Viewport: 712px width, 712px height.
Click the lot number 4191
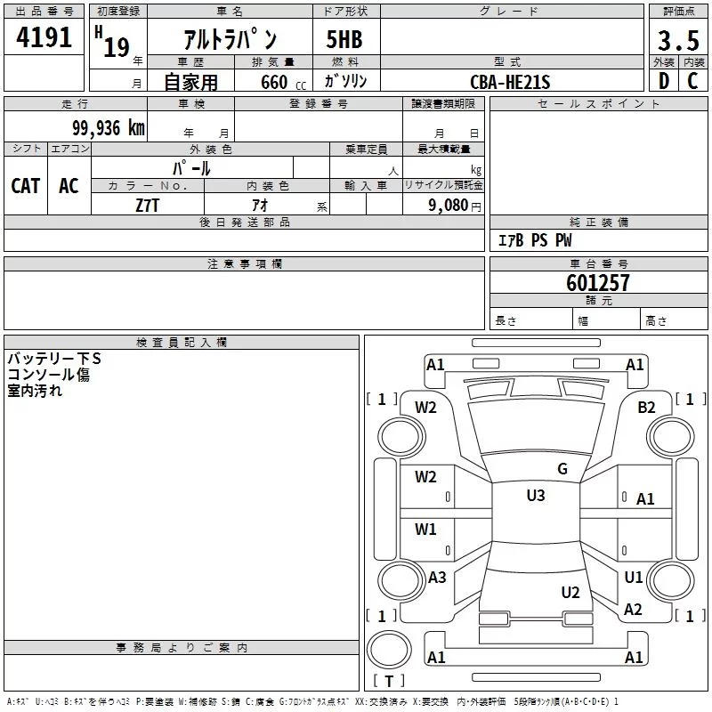click(44, 37)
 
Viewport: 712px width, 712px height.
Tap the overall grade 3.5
click(678, 40)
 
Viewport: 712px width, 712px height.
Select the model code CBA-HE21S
click(510, 82)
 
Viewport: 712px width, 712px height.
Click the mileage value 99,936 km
click(108, 128)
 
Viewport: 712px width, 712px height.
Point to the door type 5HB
click(344, 39)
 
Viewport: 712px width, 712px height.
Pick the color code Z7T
click(147, 206)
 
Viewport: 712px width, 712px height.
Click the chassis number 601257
click(597, 283)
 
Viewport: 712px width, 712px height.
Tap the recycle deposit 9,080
click(449, 206)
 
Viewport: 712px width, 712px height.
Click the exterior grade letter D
click(664, 81)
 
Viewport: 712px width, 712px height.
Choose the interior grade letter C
click(692, 81)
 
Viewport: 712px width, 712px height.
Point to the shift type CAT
click(26, 186)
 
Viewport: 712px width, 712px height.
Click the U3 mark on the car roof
click(536, 496)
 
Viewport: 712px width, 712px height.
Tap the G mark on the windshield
click(562, 469)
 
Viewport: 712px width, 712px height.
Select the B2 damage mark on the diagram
click(646, 408)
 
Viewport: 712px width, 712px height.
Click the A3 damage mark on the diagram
click(437, 578)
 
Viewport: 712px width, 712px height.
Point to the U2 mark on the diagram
click(570, 593)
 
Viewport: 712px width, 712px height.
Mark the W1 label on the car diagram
click(425, 530)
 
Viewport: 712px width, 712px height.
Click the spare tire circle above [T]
click(389, 650)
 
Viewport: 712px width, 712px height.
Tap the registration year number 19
click(117, 47)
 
